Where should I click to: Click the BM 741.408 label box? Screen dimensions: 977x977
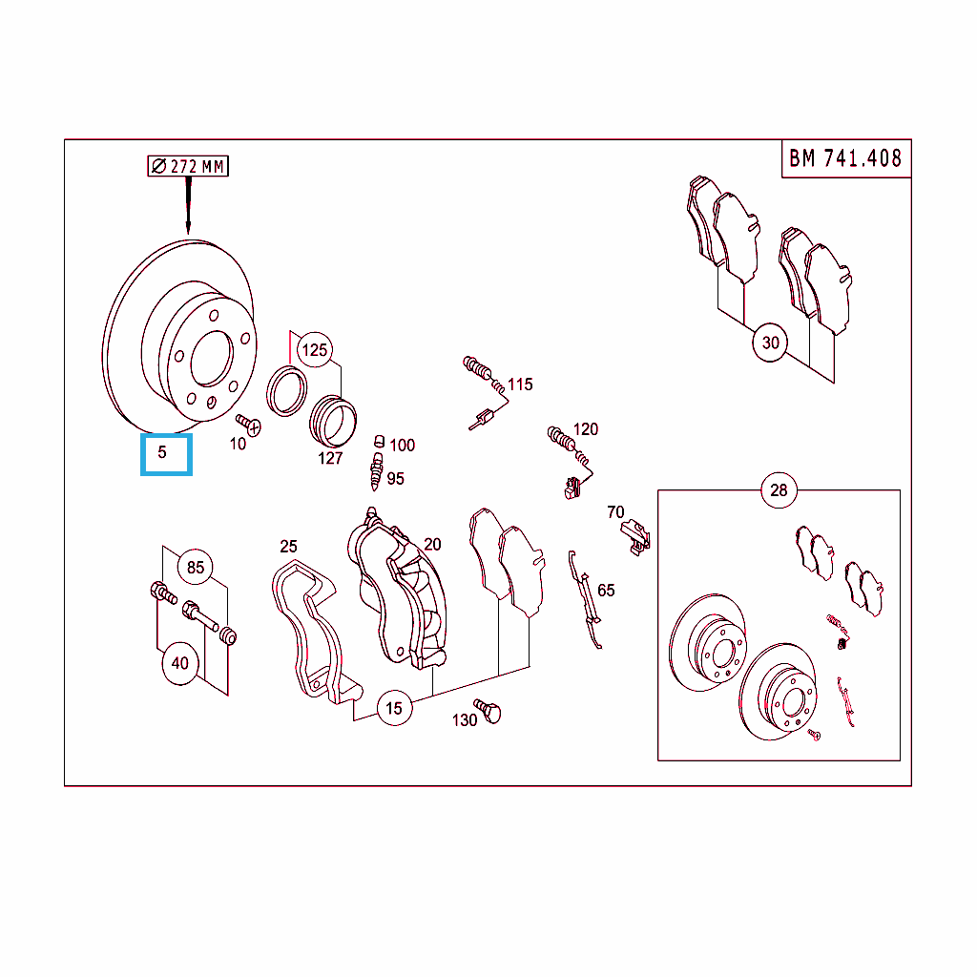click(x=846, y=159)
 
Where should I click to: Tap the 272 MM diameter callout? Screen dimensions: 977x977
click(x=188, y=166)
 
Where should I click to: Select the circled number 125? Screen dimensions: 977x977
click(x=315, y=350)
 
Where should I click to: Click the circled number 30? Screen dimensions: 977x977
click(x=770, y=343)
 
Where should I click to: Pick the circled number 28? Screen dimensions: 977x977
click(x=779, y=490)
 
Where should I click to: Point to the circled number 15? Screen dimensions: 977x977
click(x=394, y=709)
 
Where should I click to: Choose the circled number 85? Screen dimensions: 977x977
click(x=195, y=567)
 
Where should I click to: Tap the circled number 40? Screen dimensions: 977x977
click(x=180, y=664)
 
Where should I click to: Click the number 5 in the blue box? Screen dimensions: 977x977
click(x=162, y=452)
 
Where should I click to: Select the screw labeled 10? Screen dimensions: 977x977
click(x=249, y=425)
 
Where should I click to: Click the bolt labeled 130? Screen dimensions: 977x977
click(x=488, y=711)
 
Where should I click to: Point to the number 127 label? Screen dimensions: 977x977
click(x=330, y=459)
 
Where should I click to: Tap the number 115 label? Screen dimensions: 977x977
click(x=520, y=385)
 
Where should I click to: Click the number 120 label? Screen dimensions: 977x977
click(x=586, y=429)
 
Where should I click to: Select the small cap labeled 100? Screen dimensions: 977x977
click(x=379, y=442)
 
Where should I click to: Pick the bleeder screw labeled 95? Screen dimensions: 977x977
click(x=376, y=472)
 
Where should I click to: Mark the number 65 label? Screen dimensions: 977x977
click(x=606, y=591)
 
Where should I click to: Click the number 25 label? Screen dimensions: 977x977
click(x=288, y=547)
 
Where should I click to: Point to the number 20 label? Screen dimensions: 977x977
click(x=432, y=545)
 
